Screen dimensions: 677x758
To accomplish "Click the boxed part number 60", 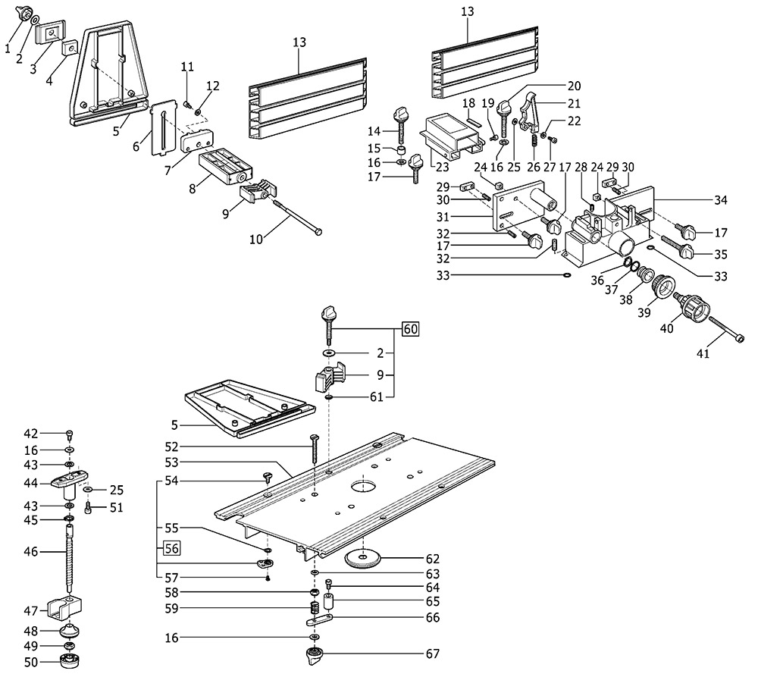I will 410,329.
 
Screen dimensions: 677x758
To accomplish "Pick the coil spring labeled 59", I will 313,608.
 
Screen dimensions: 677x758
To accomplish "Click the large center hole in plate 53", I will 364,484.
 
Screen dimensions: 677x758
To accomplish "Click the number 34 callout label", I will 720,200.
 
